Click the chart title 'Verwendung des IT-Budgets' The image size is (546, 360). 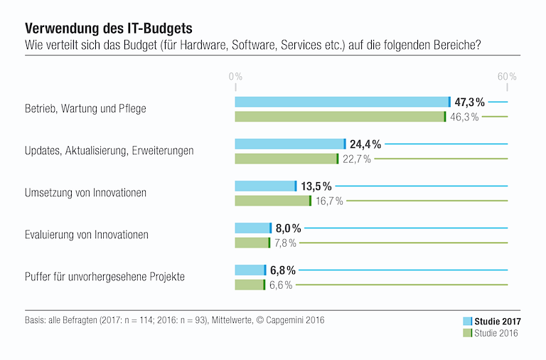109,28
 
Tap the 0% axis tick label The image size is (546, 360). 235,76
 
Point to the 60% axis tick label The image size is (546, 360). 507,76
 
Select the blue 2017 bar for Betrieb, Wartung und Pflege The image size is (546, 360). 342,102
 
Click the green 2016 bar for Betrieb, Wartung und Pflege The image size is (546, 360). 340,117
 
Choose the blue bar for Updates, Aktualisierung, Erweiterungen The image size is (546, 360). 289,144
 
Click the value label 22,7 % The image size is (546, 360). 357,159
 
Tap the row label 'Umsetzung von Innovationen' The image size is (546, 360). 86,193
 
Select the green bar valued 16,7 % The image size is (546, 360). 272,201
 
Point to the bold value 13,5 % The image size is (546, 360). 316,186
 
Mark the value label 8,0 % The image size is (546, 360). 288,228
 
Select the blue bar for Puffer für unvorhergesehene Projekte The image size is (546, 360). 250,270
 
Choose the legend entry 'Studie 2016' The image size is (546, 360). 496,332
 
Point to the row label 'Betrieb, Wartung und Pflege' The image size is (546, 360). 85,109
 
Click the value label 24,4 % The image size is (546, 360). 365,144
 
